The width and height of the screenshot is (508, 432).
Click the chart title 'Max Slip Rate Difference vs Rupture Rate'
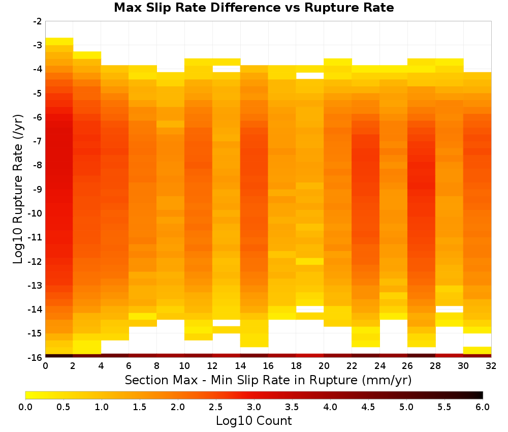click(254, 8)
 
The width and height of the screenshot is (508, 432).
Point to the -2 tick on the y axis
click(38, 21)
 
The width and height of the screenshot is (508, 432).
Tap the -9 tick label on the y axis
click(38, 189)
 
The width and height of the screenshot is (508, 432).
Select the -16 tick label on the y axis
click(36, 357)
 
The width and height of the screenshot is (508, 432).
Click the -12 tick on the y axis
click(36, 261)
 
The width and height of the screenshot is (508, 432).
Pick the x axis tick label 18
click(296, 366)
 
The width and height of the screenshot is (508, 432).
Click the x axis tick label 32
click(491, 366)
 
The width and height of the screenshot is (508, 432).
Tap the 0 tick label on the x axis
click(45, 366)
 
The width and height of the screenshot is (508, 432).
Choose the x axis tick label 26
click(407, 366)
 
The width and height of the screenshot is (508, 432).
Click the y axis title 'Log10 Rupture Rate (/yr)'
click(18, 189)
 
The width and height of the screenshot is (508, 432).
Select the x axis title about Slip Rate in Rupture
click(268, 380)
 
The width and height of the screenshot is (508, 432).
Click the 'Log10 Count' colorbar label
click(254, 421)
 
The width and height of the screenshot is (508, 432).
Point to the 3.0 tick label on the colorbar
click(254, 407)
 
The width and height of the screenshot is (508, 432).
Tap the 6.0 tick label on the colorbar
click(483, 407)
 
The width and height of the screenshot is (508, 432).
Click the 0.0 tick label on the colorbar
click(25, 407)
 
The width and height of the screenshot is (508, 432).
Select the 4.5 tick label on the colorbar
click(368, 407)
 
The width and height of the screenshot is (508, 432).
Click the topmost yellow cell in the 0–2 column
click(59, 42)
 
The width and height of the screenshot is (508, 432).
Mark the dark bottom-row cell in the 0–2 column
click(59, 356)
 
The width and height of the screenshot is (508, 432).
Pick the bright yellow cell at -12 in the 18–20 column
click(310, 261)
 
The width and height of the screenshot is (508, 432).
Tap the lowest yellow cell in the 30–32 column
click(477, 350)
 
